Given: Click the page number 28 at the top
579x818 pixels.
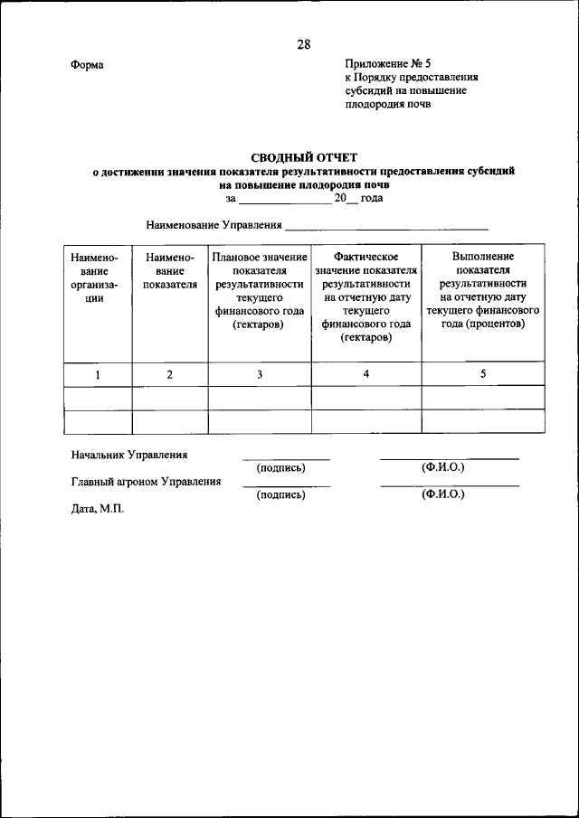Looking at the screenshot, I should pos(303,45).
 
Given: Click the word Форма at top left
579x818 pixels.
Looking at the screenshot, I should pos(87,64).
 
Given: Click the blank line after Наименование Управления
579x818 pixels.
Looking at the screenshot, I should pos(387,224).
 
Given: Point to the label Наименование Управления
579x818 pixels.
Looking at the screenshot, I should pos(214,224).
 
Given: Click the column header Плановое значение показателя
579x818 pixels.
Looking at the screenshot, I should pos(260,291).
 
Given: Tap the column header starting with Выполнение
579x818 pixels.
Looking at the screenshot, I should pos(483,291).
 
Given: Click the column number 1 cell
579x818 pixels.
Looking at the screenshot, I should pos(98,374).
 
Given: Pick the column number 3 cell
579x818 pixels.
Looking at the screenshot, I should pos(260,374).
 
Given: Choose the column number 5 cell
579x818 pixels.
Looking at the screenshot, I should pos(483,374).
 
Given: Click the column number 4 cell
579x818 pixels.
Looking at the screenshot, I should pos(365,374).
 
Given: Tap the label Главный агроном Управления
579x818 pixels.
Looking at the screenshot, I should pos(146,482).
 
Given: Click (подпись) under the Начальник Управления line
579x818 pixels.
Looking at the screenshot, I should pos(281,468).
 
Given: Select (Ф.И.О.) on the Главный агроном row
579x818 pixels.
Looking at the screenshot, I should pos(442,494).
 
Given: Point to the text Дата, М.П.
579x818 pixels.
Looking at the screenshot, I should pos(97,509).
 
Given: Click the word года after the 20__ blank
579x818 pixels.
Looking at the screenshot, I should pos(371,197).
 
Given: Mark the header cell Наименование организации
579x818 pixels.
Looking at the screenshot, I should pos(98,277).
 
